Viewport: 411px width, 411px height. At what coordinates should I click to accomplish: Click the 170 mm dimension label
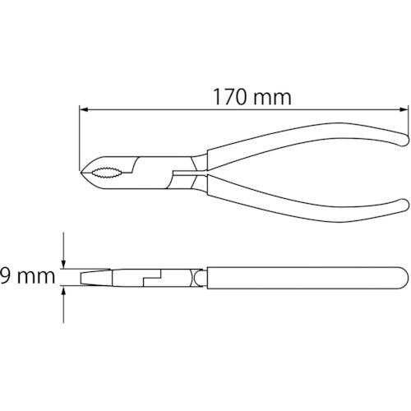252,97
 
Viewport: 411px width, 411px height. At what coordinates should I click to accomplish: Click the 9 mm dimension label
27,276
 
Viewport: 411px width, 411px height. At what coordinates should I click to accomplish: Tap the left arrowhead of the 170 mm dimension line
83,109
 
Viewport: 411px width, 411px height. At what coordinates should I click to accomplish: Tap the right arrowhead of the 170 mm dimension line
404,109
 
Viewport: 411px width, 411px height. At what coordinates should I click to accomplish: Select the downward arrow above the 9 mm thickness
63,250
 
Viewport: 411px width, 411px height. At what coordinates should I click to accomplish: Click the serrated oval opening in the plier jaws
106,173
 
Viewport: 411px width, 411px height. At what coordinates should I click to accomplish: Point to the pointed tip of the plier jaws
81,173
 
